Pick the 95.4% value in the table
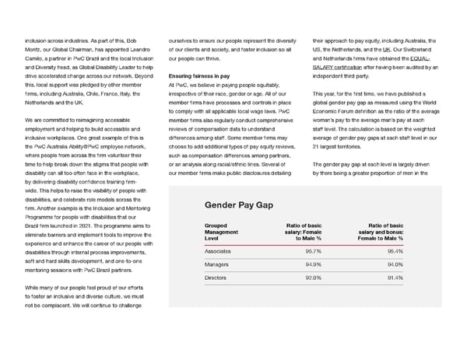click(x=395, y=252)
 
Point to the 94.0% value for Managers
click(x=395, y=264)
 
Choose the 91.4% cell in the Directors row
click(x=395, y=278)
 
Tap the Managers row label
click(x=217, y=264)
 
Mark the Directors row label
click(x=216, y=278)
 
